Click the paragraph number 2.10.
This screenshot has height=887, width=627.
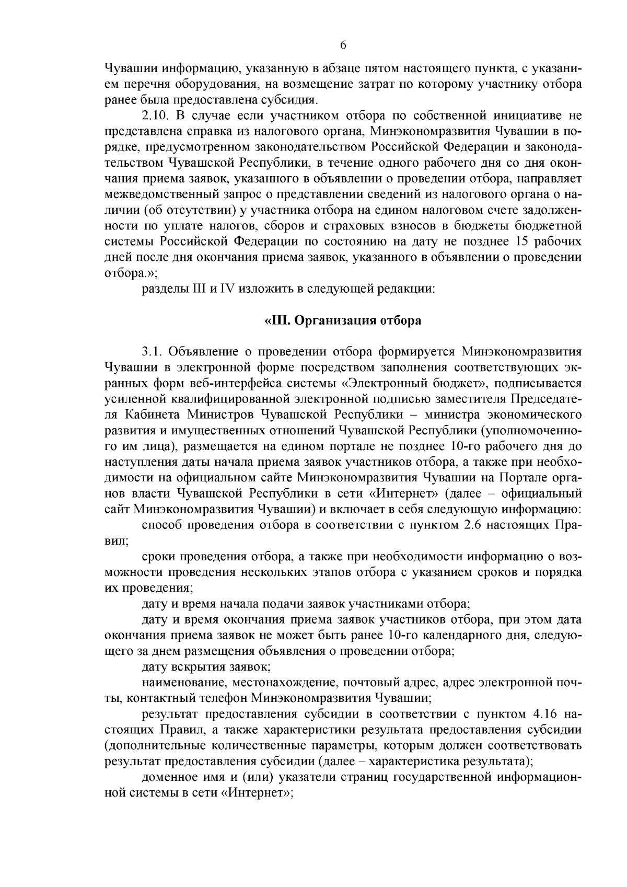[x=155, y=115]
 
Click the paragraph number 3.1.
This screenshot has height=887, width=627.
[x=152, y=352]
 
